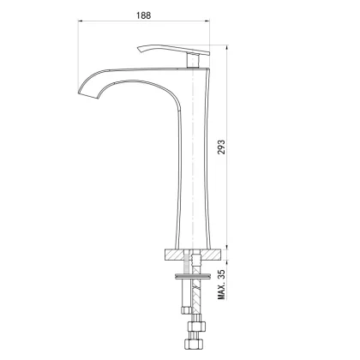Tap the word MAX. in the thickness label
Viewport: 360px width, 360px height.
(223, 290)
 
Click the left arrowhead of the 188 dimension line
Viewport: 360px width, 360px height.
(81, 25)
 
